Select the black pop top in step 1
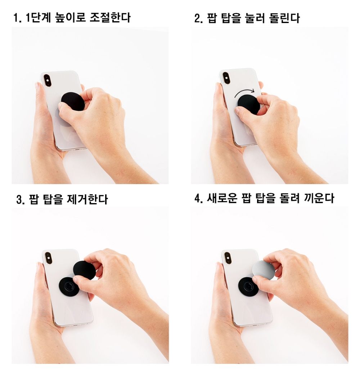pos(73,102)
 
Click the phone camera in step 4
pos(227,258)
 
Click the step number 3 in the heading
pos(19,199)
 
